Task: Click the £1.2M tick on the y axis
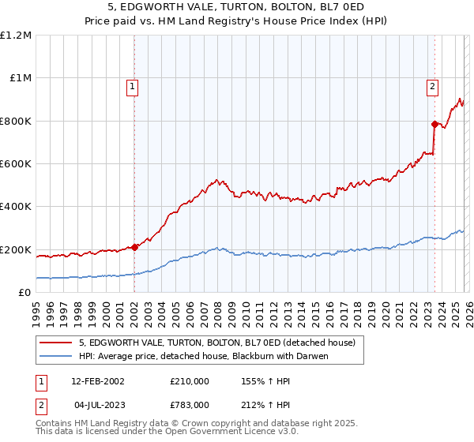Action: [x=16, y=35]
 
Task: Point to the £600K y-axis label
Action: [x=16, y=163]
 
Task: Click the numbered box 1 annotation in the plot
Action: [x=133, y=88]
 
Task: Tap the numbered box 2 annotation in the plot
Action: [x=433, y=88]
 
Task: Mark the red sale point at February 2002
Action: [x=134, y=247]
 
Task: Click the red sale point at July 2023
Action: [x=434, y=124]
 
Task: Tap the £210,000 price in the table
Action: [x=190, y=380]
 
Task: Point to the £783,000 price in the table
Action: [x=190, y=404]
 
